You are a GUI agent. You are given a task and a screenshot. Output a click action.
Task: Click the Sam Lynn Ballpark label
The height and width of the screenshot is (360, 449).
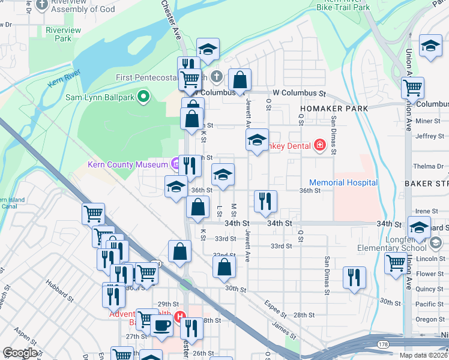pos(99,96)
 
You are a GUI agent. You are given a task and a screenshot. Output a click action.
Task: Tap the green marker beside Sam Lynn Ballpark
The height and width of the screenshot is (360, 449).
pos(143,96)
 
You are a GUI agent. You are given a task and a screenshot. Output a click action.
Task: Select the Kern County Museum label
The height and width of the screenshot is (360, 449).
pos(127,164)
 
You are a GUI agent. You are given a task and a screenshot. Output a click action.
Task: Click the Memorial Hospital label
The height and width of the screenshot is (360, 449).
pos(343,182)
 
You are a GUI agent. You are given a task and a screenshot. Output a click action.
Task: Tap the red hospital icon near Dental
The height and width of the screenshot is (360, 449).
pos(319,145)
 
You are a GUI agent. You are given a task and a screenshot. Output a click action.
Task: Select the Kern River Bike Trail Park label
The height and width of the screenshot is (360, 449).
pos(343,5)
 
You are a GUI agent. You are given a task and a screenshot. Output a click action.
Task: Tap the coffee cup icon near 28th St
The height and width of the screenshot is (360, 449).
pos(160,326)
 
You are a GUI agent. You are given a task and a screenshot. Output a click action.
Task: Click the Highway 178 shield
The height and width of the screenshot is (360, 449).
pos(382,344)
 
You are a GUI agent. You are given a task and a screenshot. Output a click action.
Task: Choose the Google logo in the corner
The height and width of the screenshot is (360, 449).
pos(20,352)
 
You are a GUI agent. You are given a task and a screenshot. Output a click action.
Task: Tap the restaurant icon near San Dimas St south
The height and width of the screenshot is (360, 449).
pos(354,277)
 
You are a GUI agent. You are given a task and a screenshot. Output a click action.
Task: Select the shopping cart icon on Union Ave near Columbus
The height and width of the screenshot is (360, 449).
pos(412,88)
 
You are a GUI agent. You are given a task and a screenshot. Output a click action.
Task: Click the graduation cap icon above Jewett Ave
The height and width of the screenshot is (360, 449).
pos(257,141)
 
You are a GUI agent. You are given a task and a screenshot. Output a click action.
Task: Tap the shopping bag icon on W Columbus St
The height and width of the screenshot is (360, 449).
pos(240,79)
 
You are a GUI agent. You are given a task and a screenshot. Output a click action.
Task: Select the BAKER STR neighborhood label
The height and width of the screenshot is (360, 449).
pos(426,182)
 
